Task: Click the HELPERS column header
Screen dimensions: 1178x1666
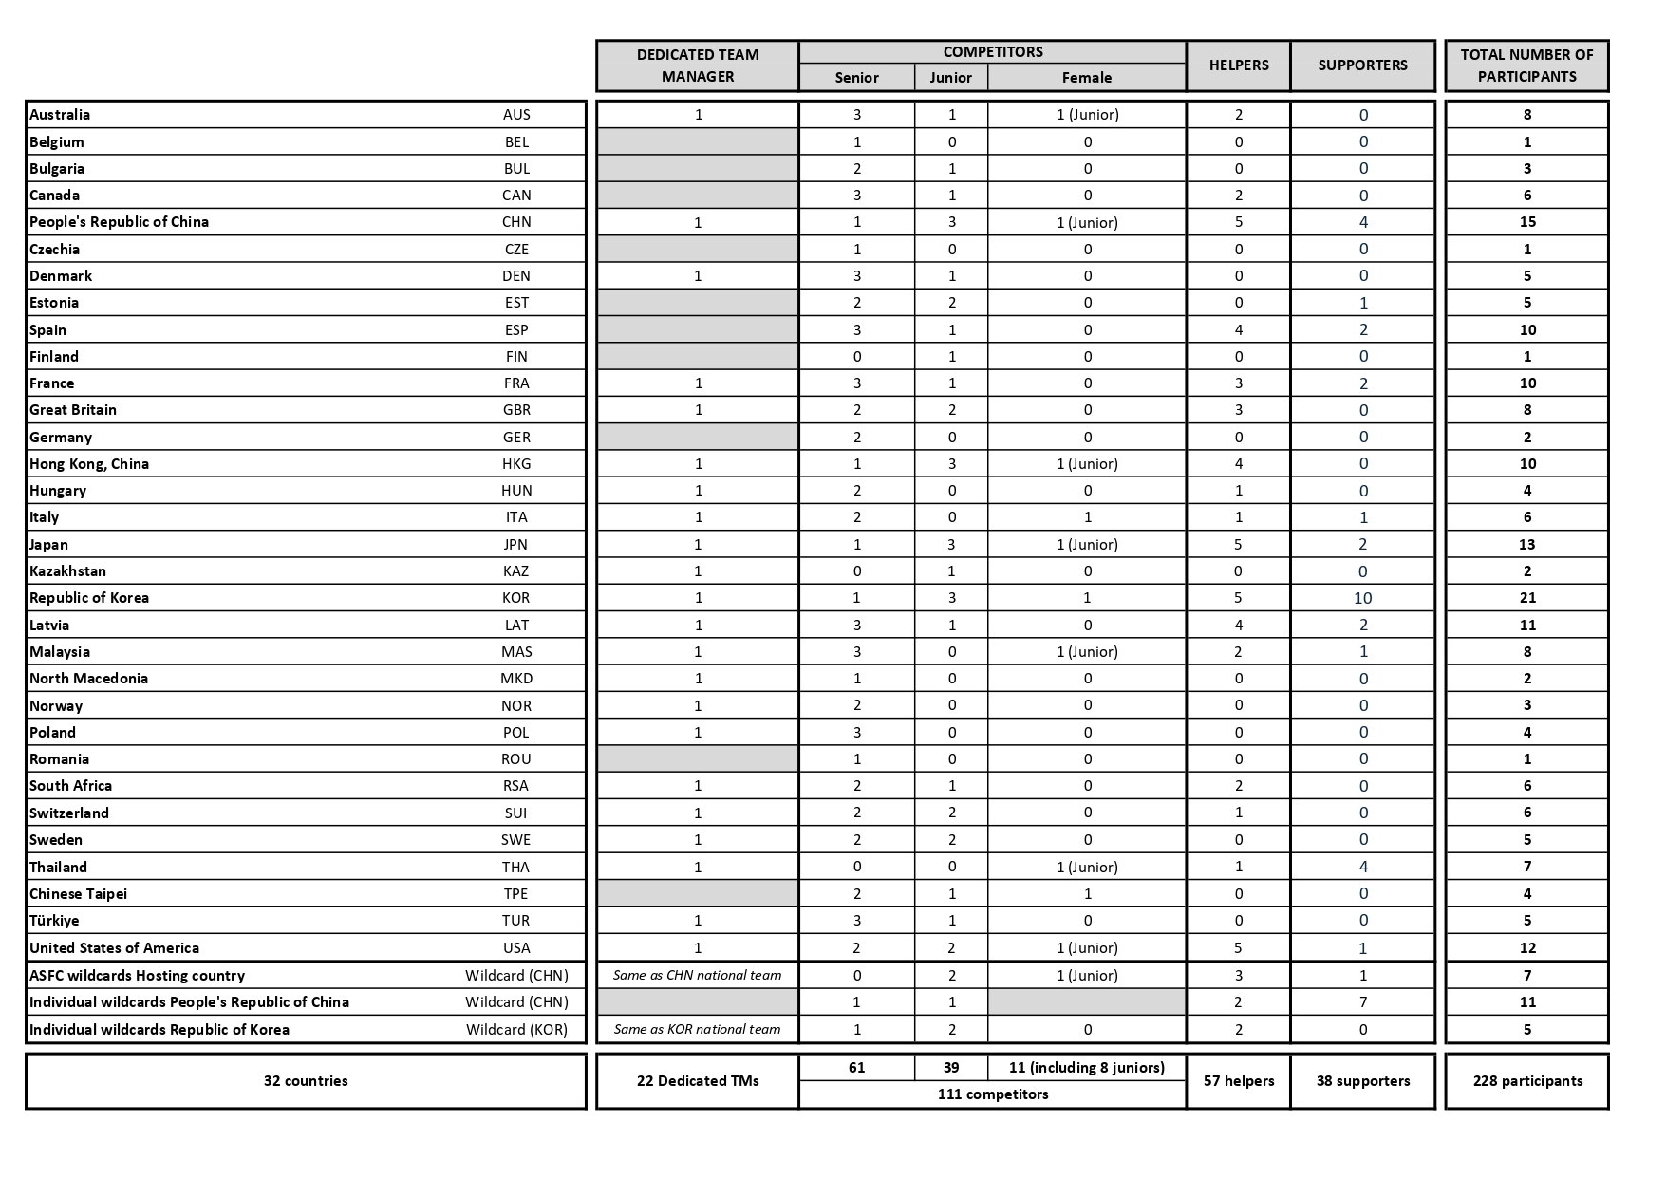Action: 1238,65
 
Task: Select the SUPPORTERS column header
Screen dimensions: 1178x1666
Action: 1362,65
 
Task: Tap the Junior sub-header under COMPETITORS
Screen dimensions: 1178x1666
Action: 950,78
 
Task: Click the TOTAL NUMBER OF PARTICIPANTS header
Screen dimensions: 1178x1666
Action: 1526,65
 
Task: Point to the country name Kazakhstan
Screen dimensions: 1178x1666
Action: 67,571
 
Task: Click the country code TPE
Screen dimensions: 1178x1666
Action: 515,894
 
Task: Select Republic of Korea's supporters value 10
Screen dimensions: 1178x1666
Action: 1362,598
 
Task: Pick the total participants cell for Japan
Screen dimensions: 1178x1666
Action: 1526,545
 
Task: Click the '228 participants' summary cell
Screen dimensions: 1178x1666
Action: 1526,1081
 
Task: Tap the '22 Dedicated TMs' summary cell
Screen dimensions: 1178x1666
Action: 697,1081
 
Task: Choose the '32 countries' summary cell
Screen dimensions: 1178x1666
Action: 306,1081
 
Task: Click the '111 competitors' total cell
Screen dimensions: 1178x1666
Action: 992,1094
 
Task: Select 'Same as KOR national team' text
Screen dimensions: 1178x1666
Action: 697,1030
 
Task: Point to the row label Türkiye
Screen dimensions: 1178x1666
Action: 54,921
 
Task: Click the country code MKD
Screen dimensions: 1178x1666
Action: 516,679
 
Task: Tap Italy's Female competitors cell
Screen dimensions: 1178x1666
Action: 1087,517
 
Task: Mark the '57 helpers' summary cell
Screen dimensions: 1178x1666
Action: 1238,1081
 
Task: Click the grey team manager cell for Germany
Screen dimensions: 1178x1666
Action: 697,438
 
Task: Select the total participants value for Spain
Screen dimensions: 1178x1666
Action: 1526,330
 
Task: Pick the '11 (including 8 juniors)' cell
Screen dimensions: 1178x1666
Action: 1087,1068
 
